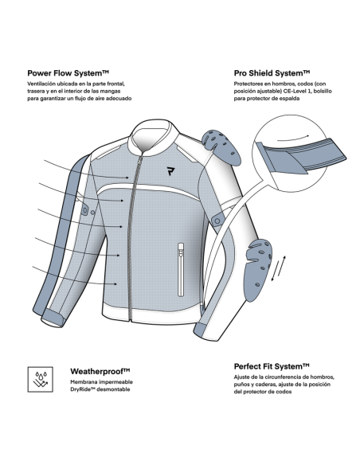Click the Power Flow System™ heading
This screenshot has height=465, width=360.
click(68, 73)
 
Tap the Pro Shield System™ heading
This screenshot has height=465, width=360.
click(272, 73)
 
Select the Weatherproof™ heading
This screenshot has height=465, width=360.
click(100, 371)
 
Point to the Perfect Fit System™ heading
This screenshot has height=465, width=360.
click(272, 366)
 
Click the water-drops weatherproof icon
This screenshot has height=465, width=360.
click(41, 380)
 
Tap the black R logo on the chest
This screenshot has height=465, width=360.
click(170, 171)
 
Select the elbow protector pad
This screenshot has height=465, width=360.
click(257, 270)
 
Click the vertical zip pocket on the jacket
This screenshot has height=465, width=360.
click(181, 269)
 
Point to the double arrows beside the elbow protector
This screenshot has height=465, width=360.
click(279, 268)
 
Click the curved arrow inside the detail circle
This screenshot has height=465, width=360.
click(293, 138)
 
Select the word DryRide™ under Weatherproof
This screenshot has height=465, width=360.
click(83, 389)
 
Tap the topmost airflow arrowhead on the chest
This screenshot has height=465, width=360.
click(127, 178)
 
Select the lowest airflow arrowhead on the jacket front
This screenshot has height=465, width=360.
click(115, 284)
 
